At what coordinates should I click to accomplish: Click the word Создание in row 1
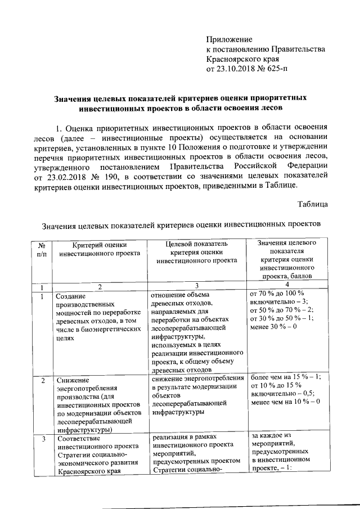coord(70,296)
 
